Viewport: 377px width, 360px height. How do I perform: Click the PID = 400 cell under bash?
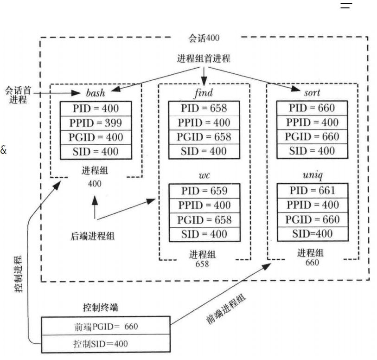pos(96,109)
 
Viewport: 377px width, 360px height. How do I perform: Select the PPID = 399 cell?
pos(96,123)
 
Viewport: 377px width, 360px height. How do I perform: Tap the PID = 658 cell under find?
pos(204,108)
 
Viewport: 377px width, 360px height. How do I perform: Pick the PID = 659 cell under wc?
pos(204,191)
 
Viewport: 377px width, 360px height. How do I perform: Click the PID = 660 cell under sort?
pos(313,108)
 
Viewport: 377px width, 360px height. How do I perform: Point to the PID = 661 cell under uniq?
pos(313,191)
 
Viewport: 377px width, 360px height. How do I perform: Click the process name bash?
pos(96,93)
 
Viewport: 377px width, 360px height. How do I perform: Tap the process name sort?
pos(312,93)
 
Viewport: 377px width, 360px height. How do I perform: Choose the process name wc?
pos(204,176)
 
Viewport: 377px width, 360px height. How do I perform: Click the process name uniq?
pos(312,175)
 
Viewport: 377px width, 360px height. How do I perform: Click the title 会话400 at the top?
pos(204,38)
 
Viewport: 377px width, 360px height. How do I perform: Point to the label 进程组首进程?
pos(204,59)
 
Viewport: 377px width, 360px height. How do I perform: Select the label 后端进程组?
pos(96,236)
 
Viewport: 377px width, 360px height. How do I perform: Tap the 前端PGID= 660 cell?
pos(106,326)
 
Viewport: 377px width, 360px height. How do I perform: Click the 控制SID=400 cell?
pos(101,344)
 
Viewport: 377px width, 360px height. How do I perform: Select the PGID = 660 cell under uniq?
pos(313,219)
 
